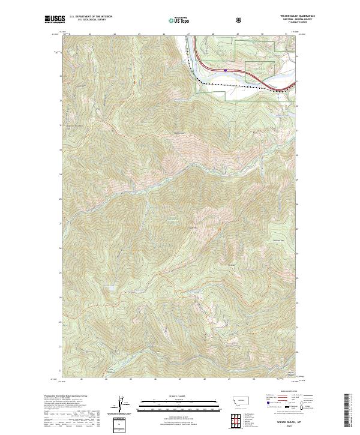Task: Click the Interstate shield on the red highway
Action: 226,70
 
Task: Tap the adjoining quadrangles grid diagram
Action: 235,419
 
